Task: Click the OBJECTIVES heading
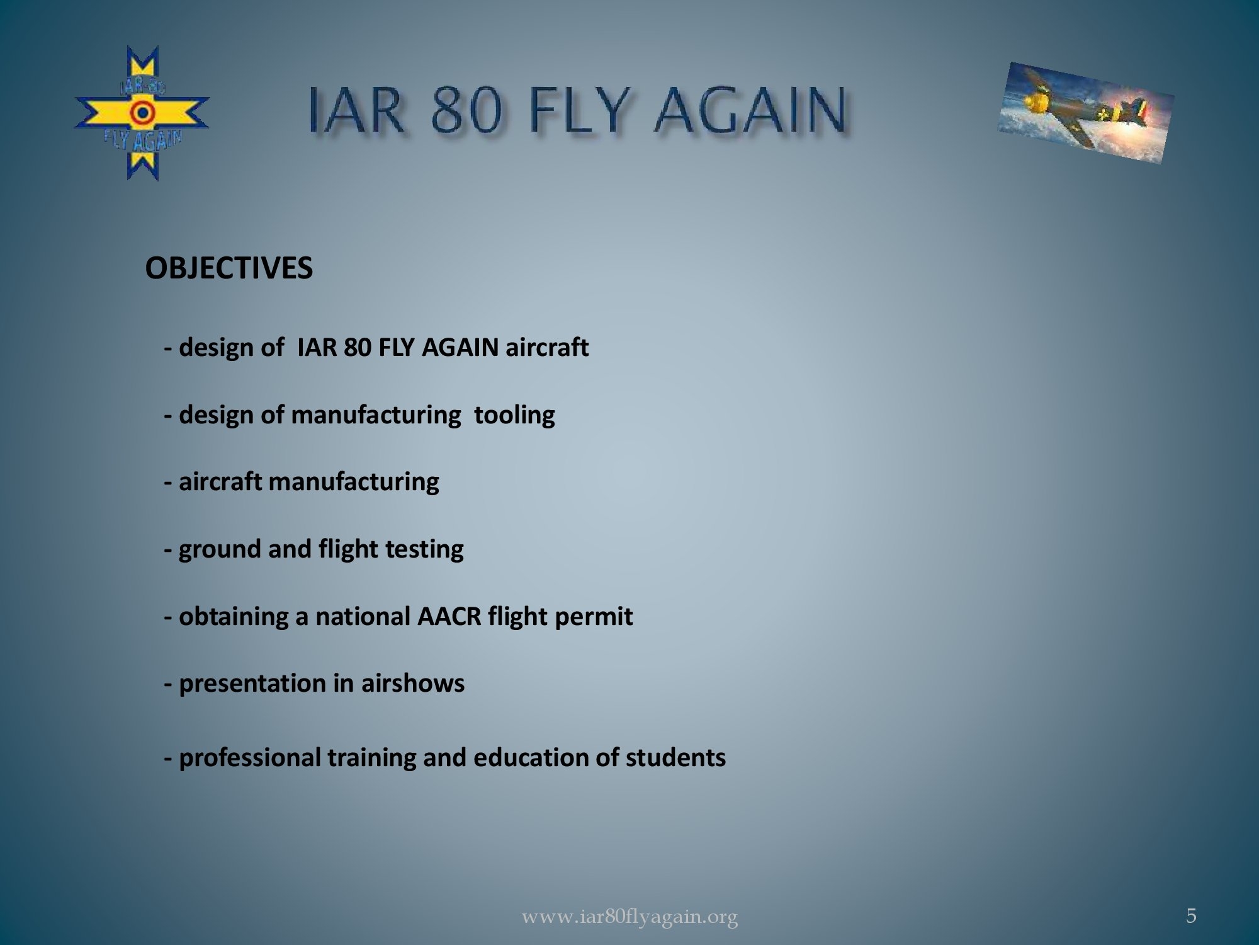pos(229,268)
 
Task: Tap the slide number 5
pos(1191,915)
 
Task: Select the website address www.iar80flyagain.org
pos(629,917)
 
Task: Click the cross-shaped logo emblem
pos(142,113)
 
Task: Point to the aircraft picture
pos(1087,113)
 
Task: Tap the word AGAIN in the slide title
pos(749,111)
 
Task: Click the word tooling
pos(514,415)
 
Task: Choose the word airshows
pos(412,684)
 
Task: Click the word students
pos(675,757)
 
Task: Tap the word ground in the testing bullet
pos(220,549)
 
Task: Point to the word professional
pos(250,758)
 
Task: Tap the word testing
pos(424,549)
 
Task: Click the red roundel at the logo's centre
pos(142,113)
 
